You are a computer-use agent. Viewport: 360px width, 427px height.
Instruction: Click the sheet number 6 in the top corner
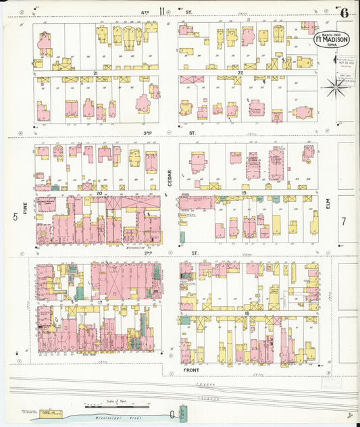[344, 12]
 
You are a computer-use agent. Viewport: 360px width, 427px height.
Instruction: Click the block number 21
[97, 72]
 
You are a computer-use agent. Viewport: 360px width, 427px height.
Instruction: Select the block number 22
[240, 72]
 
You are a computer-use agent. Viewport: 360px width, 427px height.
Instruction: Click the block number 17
[99, 302]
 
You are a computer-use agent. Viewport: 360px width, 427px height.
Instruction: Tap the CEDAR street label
[170, 178]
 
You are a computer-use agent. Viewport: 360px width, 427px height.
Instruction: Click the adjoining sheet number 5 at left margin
[14, 217]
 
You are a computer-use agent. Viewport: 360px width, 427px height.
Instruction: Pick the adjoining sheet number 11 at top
[161, 10]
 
